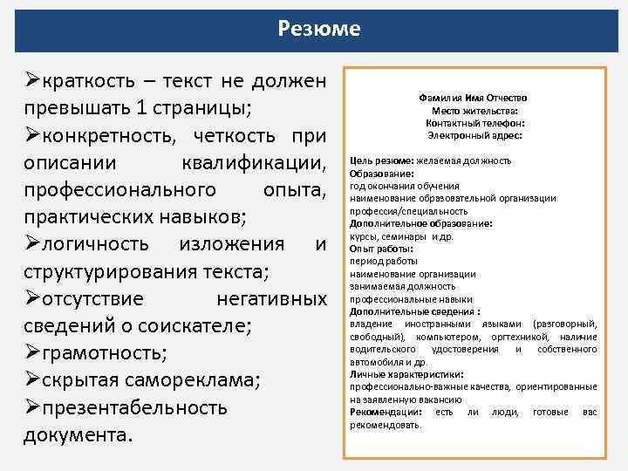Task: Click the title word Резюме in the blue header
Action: [x=318, y=29]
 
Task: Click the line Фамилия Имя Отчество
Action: [x=474, y=99]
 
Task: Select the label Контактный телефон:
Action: [x=474, y=123]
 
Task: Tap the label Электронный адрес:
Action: [x=474, y=135]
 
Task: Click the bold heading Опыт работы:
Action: [x=382, y=249]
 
